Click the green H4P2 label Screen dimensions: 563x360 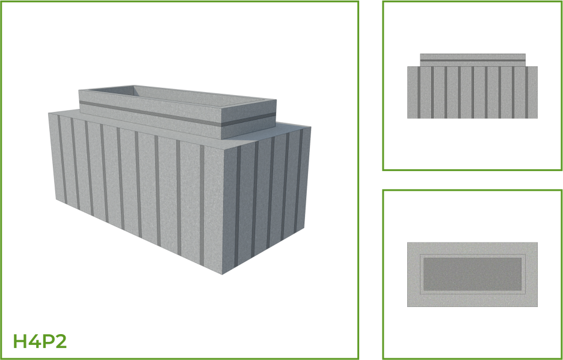click(40, 341)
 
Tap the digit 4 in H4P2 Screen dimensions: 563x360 click(34, 341)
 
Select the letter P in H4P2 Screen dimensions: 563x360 click(48, 341)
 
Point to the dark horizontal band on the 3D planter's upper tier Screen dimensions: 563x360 click(177, 114)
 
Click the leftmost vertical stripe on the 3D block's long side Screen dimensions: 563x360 click(62, 159)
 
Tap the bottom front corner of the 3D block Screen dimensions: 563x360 click(223, 275)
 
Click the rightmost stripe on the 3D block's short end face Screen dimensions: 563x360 click(298, 181)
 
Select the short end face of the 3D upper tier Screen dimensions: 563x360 click(248, 119)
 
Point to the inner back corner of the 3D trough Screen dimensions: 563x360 click(134, 86)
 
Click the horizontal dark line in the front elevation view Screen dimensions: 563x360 click(473, 60)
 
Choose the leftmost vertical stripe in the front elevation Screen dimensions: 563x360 click(419, 92)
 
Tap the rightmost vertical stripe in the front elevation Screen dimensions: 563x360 click(527, 92)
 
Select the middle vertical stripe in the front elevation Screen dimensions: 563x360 click(473, 92)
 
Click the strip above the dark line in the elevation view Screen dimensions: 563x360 click(473, 57)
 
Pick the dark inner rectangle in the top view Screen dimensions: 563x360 click(473, 274)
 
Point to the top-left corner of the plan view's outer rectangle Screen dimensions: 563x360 click(408, 243)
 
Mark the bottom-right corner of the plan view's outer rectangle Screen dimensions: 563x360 click(538, 306)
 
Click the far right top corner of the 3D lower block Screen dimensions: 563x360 click(311, 127)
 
